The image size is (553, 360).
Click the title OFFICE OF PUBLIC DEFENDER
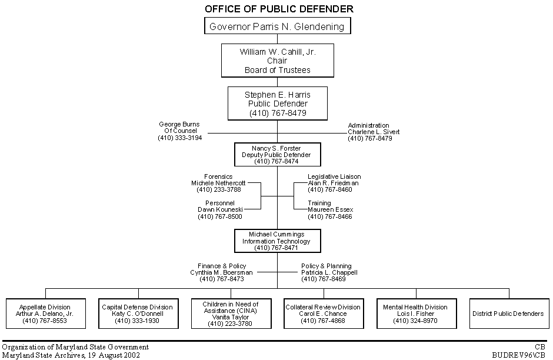[x=279, y=9]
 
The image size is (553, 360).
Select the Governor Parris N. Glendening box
[x=278, y=26]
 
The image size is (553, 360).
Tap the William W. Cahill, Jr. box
[x=278, y=61]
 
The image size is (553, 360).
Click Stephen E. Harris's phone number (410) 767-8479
[x=278, y=112]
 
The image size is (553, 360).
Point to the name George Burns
[x=179, y=125]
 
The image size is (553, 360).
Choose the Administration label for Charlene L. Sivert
[x=368, y=125]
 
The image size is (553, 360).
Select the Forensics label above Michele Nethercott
[x=218, y=176]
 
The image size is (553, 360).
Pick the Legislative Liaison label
[x=334, y=176]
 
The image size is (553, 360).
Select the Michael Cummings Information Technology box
[x=276, y=241]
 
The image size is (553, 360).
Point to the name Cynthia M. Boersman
[x=221, y=272]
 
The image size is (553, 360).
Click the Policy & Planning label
[x=327, y=266]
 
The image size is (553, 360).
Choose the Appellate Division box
[x=45, y=314]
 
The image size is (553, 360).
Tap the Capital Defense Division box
[x=138, y=314]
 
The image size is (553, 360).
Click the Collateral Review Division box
[x=322, y=314]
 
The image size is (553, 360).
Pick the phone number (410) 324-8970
[x=415, y=321]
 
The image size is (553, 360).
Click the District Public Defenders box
[x=508, y=314]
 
